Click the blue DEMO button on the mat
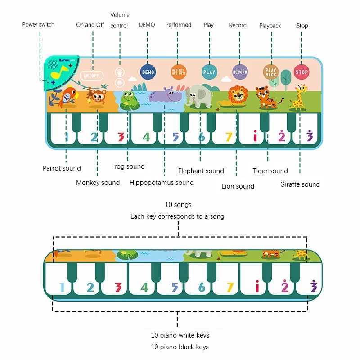click(x=148, y=72)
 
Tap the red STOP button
click(x=301, y=72)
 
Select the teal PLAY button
click(x=209, y=72)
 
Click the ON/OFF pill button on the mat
click(x=91, y=76)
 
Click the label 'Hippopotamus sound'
click(x=162, y=183)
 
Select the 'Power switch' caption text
click(x=38, y=24)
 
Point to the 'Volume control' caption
click(x=120, y=20)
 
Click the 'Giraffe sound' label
click(x=300, y=184)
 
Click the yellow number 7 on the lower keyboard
click(x=230, y=287)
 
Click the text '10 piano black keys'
click(x=180, y=347)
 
